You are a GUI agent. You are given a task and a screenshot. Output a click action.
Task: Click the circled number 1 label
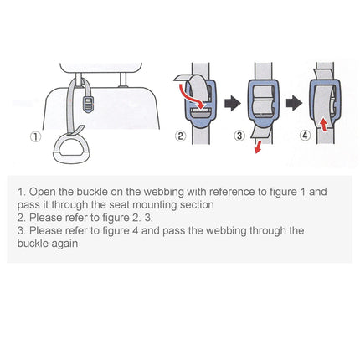pyautogui.click(x=34, y=137)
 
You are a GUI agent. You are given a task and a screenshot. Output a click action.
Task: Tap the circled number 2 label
pyautogui.click(x=178, y=137)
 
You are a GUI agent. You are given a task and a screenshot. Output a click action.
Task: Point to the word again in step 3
pyautogui.click(x=63, y=244)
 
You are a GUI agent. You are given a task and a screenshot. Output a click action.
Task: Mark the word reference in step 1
pyautogui.click(x=224, y=192)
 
